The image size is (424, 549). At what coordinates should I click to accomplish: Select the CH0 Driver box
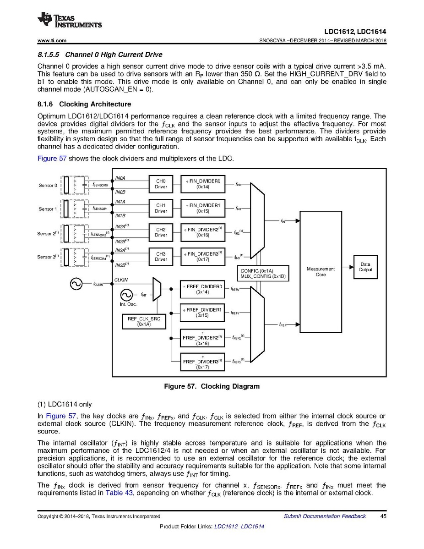161,184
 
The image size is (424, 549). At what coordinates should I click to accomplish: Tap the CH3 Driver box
161,257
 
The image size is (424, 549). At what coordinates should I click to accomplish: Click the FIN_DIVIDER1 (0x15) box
203,208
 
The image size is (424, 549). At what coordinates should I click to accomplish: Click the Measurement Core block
321,272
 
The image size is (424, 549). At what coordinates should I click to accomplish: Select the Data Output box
365,267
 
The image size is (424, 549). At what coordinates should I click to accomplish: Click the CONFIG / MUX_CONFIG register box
263,274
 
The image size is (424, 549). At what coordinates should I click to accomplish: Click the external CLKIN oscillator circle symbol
76,284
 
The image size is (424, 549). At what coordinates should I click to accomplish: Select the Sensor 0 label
48,186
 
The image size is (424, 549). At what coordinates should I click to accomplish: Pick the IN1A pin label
120,202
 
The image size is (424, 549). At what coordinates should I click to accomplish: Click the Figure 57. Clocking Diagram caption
212,386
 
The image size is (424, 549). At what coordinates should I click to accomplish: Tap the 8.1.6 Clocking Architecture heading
84,104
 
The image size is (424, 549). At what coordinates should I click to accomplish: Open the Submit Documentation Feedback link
325,516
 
